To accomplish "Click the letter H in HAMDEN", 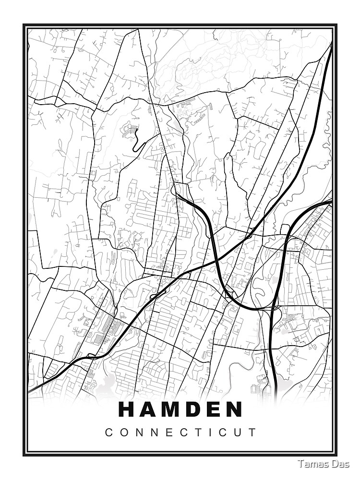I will (x=127, y=409).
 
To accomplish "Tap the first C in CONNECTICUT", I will (x=108, y=432).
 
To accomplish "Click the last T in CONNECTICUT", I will (x=252, y=432).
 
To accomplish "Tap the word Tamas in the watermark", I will (x=312, y=464).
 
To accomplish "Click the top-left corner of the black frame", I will (x=24, y=25).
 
